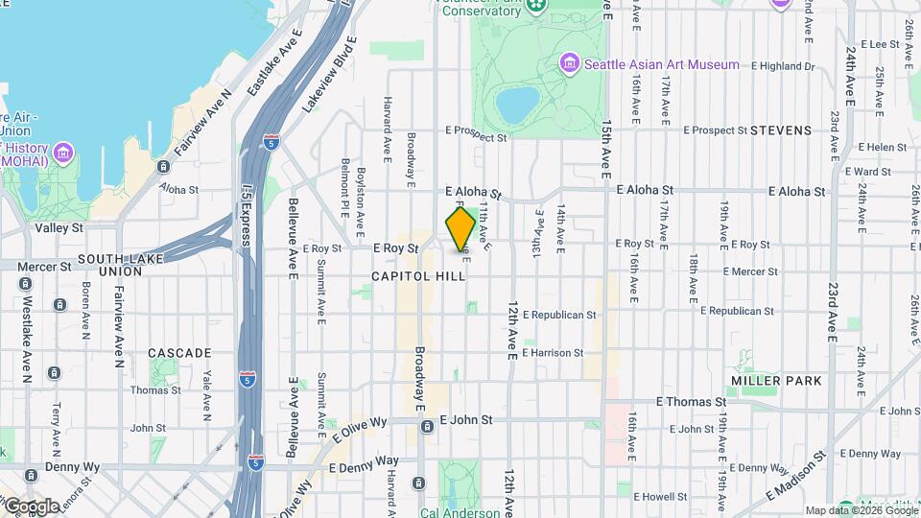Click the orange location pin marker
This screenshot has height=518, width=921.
pos(460,229)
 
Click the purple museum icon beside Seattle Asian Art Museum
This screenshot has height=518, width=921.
pos(570,64)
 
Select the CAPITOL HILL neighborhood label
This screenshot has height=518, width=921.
pos(419,276)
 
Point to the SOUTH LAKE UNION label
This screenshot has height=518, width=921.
pos(124,265)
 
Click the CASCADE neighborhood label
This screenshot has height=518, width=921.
pos(179,353)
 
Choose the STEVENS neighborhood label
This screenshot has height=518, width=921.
pos(781,129)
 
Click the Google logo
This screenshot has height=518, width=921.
pos(31,506)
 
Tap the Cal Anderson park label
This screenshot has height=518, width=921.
pos(460,512)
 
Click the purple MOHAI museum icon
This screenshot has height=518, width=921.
pos(63,153)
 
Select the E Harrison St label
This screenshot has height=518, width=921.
pos(554,353)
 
